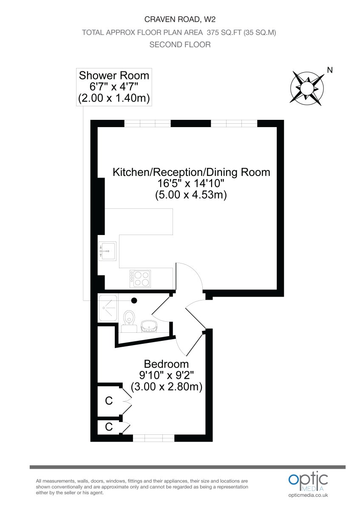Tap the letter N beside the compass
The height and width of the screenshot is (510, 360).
point(330,70)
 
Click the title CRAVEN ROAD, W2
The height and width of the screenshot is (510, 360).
point(180,19)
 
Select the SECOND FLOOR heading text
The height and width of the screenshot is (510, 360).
point(180,45)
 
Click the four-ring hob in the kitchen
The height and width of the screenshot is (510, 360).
point(141,278)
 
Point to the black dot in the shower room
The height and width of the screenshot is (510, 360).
point(134,300)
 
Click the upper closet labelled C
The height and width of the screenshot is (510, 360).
point(109,400)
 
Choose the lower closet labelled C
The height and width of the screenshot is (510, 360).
point(109,427)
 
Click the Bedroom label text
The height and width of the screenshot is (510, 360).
point(166,364)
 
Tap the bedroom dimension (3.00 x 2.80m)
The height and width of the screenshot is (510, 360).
point(166,387)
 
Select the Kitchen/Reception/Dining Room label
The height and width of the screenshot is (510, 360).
point(191,172)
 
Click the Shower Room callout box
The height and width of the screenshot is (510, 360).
point(114,87)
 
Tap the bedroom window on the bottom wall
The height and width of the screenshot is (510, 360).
point(153,438)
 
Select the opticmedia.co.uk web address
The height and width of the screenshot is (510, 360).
point(308,496)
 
